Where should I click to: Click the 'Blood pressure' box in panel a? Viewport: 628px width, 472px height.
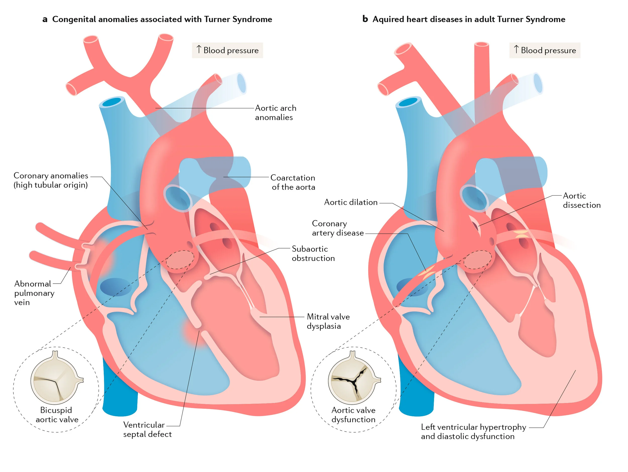click(x=227, y=50)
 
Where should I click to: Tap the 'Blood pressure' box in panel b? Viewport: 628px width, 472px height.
click(x=545, y=50)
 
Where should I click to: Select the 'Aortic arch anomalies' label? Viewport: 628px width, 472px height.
click(x=276, y=113)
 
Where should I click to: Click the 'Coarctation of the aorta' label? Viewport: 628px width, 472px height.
click(x=293, y=182)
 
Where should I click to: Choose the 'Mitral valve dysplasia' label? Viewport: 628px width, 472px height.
click(x=329, y=321)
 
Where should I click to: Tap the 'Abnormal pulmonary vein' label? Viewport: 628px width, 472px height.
click(x=34, y=293)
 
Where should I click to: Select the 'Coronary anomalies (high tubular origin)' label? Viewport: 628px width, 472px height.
click(x=51, y=180)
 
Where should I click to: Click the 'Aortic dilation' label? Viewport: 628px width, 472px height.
click(x=351, y=202)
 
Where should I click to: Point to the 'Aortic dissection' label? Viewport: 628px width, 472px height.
click(x=582, y=200)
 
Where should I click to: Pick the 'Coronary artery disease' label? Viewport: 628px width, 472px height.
click(x=338, y=228)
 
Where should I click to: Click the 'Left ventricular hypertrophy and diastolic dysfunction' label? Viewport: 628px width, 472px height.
click(x=474, y=431)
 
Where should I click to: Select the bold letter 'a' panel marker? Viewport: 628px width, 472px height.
click(x=45, y=19)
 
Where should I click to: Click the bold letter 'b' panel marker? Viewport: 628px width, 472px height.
click(x=365, y=19)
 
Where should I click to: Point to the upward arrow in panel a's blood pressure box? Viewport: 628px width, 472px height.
click(x=199, y=49)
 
